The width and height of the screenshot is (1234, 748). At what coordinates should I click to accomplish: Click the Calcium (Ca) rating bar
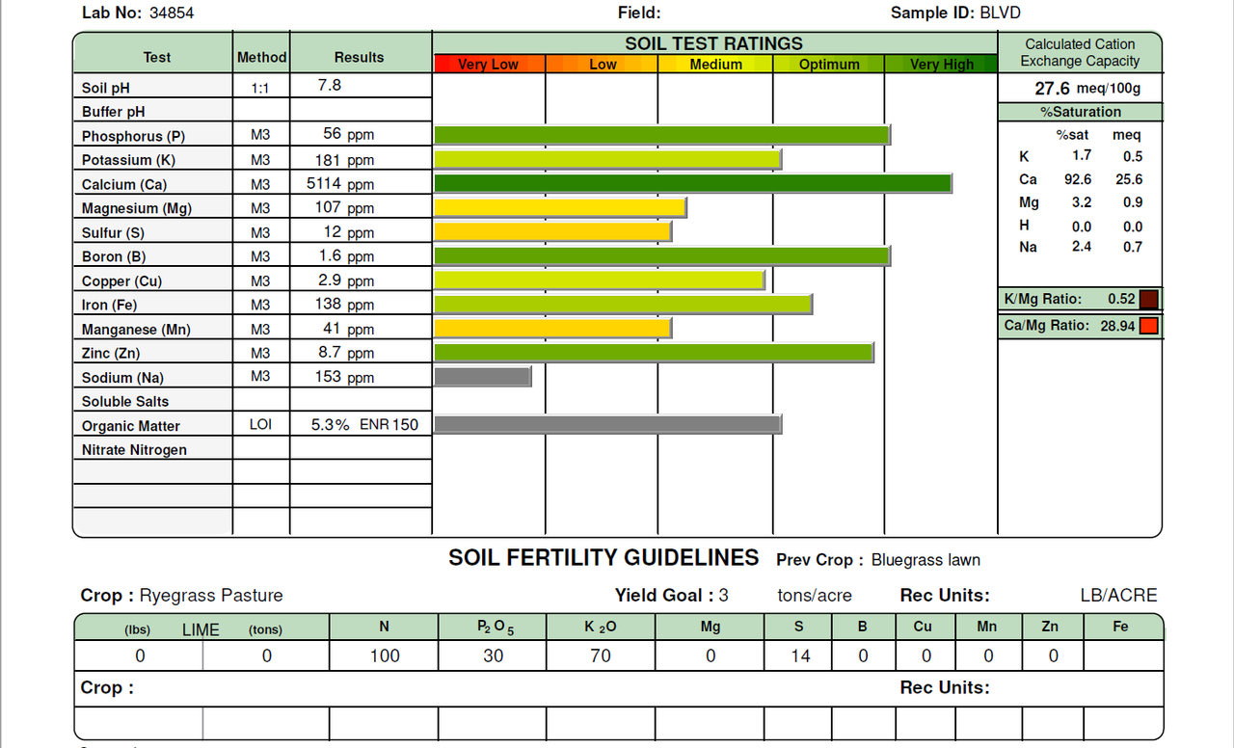pyautogui.click(x=693, y=183)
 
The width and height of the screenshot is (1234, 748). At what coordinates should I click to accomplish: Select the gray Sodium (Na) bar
pyautogui.click(x=482, y=377)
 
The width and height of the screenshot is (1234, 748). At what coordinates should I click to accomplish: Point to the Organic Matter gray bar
pyautogui.click(x=607, y=424)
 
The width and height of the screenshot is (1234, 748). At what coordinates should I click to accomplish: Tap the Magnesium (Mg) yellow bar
pyautogui.click(x=560, y=207)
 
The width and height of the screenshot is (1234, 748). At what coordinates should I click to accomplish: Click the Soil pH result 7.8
pyautogui.click(x=330, y=85)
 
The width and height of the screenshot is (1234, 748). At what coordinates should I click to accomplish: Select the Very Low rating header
pyautogui.click(x=489, y=65)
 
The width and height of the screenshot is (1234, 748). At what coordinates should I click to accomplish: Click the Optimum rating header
pyautogui.click(x=829, y=65)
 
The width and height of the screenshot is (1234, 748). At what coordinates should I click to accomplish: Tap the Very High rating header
pyautogui.click(x=942, y=65)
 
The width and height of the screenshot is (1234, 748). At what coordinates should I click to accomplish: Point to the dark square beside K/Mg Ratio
pyautogui.click(x=1148, y=299)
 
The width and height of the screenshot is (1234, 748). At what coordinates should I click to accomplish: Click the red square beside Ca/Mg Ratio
pyautogui.click(x=1148, y=326)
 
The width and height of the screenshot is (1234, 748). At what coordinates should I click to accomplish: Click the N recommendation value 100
pyautogui.click(x=384, y=656)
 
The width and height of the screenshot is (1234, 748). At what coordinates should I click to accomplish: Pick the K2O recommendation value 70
pyautogui.click(x=600, y=656)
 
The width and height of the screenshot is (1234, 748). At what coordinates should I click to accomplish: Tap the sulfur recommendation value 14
pyautogui.click(x=800, y=656)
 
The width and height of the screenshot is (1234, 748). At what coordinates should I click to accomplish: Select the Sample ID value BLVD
pyautogui.click(x=1000, y=13)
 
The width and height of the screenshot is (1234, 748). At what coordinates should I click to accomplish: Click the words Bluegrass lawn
pyautogui.click(x=925, y=560)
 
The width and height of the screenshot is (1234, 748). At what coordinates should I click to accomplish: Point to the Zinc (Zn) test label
pyautogui.click(x=111, y=354)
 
